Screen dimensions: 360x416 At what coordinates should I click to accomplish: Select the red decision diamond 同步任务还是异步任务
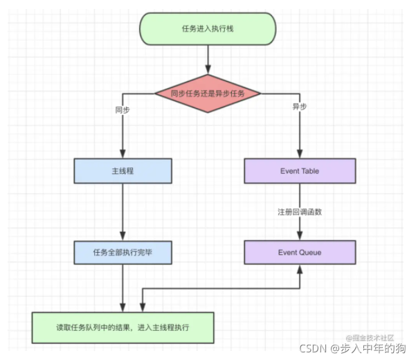coord(208,93)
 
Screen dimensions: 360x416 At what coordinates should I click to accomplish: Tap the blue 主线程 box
coord(123,171)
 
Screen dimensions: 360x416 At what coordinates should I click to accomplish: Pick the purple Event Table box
coord(300,171)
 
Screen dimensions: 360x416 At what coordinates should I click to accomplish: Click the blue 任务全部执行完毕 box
coord(123,253)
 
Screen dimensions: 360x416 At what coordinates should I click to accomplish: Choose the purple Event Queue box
coord(300,253)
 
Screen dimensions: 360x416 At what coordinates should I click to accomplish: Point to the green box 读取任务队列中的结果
coord(123,327)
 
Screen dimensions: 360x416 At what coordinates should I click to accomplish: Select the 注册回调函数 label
coord(300,212)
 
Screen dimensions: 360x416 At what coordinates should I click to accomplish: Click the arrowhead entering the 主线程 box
coord(123,155)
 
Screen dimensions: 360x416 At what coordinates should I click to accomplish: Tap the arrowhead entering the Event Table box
coord(300,155)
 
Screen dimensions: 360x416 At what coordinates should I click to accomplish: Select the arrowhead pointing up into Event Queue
coord(300,268)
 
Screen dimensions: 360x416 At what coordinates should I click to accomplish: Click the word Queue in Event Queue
coord(309,253)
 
